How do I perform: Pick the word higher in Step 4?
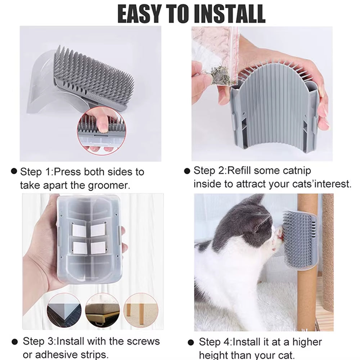point(302,342)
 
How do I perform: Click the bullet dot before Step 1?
point(14,171)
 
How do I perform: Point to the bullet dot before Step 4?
point(192,342)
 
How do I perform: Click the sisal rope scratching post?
point(328,252)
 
